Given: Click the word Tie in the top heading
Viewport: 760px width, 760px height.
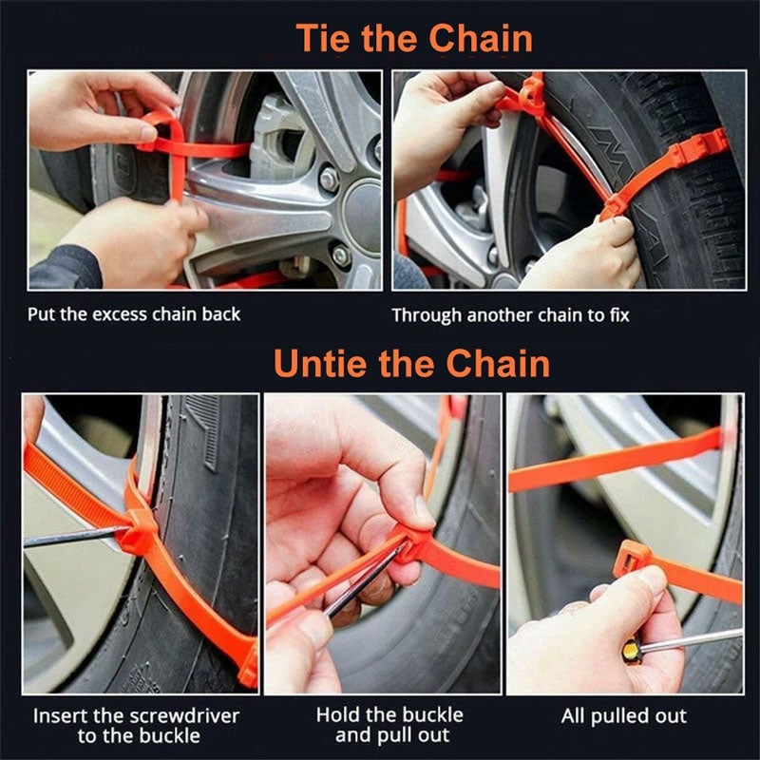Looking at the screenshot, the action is coord(323,38).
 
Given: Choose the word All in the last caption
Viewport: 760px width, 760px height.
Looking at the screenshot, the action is coord(573,716).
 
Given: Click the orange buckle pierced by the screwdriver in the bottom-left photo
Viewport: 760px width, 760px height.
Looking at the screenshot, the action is coord(137,532).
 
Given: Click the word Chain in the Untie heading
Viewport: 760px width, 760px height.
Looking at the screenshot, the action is coord(498,363).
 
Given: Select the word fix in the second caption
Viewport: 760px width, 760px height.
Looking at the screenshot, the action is coord(620,315).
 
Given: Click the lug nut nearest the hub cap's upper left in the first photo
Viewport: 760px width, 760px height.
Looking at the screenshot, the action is coord(329,179).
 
